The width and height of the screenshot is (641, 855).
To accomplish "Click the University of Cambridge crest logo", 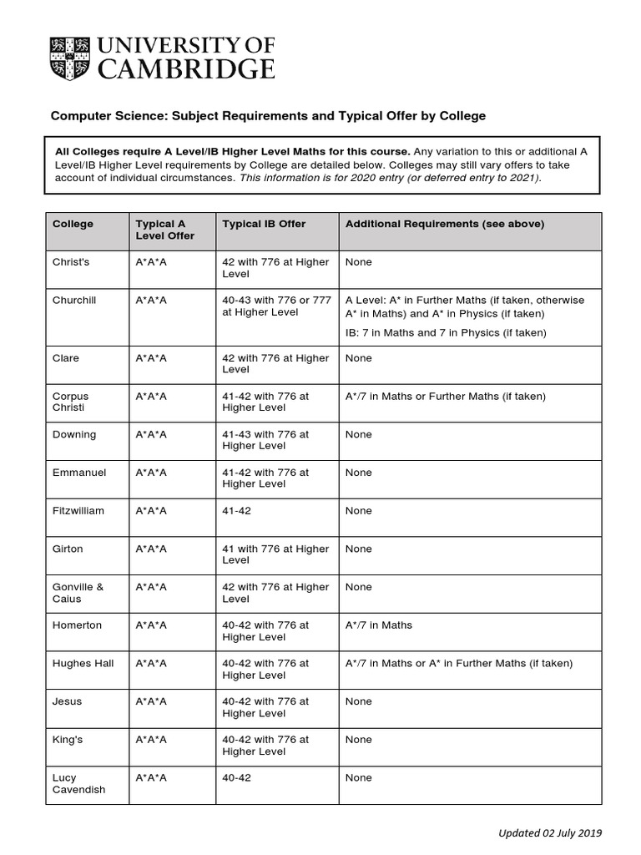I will (69, 57).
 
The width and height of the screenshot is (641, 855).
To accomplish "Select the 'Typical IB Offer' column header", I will (264, 224).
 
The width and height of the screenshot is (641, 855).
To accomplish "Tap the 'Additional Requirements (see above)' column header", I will (444, 224).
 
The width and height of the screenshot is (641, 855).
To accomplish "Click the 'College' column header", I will (73, 224).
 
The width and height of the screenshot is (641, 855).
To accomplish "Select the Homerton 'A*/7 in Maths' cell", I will (378, 625).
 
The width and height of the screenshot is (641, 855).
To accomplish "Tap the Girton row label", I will (68, 549).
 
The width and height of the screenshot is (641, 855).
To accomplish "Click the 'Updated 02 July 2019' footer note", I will (549, 832).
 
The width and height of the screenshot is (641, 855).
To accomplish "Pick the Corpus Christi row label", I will (70, 402).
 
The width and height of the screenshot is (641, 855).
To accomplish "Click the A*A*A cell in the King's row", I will (151, 739).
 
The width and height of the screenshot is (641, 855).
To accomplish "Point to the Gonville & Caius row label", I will (78, 593).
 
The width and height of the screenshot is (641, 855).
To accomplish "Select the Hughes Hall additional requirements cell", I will (458, 663).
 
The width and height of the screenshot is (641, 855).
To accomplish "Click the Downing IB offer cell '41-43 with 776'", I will (265, 440).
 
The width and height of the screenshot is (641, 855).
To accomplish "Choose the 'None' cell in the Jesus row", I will (358, 701).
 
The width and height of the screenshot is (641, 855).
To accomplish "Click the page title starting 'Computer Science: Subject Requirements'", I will (268, 115).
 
